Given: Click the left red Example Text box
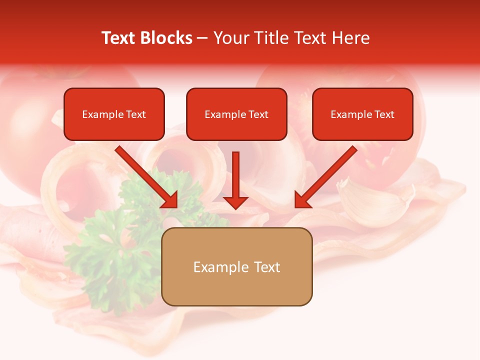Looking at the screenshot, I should coord(114,114).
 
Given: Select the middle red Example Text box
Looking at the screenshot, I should coord(236,114).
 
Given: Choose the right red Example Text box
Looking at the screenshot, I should coord(362,114).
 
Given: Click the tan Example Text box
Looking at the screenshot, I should coord(236,267).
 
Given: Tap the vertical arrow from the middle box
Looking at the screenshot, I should coord(235,175).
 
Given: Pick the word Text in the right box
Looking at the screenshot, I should coord(384,114).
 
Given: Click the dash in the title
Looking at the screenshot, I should coord(202,38).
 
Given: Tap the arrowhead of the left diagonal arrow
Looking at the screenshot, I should coord(170,200).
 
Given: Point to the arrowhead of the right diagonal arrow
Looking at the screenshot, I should coord(302,200).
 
